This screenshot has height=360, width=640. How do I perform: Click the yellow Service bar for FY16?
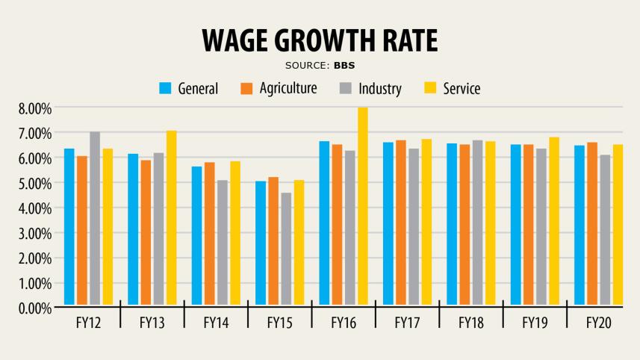click(x=363, y=206)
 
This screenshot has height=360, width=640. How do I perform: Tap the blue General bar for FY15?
click(x=261, y=243)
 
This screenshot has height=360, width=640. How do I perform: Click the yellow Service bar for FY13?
click(x=171, y=217)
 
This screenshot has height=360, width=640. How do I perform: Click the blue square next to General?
click(x=166, y=88)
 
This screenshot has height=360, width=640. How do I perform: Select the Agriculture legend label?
click(x=288, y=88)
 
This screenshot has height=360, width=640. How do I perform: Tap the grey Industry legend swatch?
click(x=346, y=88)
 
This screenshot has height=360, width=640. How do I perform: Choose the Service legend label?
click(x=462, y=88)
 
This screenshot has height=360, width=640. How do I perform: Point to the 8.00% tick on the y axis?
click(x=35, y=108)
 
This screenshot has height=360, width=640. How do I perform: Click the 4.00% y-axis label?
click(x=35, y=208)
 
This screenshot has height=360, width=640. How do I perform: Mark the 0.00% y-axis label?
click(x=35, y=308)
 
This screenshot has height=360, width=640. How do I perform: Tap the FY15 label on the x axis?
click(x=280, y=324)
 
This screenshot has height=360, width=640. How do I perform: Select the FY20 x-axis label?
click(x=599, y=324)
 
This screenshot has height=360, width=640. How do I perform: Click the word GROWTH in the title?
click(x=320, y=41)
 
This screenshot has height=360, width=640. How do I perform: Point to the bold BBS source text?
click(x=344, y=65)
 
